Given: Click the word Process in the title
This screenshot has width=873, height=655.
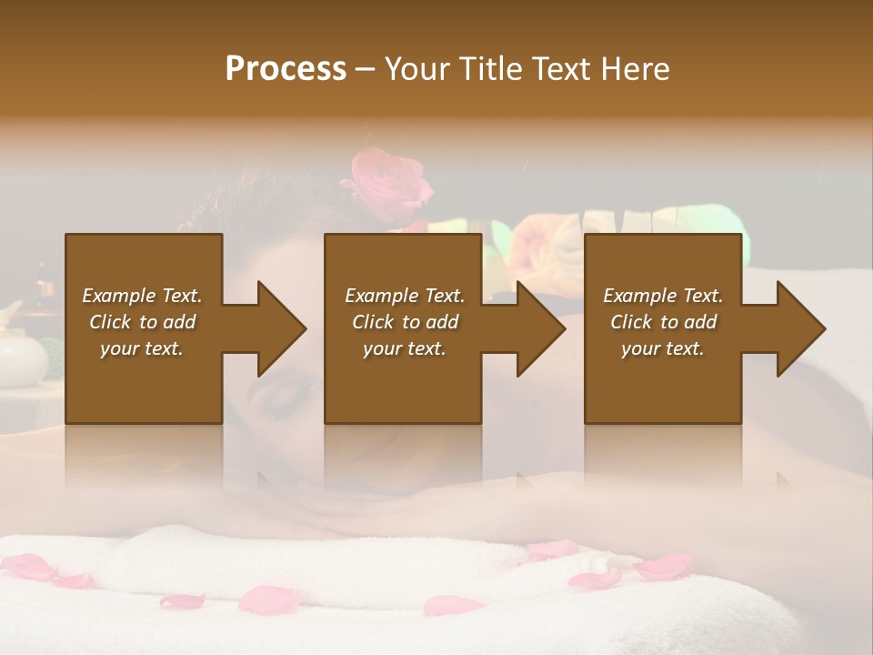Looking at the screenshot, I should click(286, 69).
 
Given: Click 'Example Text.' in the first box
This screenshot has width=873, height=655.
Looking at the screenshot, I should click(142, 296).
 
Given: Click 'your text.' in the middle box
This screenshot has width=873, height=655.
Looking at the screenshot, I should click(405, 348).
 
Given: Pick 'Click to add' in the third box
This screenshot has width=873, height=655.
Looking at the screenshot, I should click(663, 322).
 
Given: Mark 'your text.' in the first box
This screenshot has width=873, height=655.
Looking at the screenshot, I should click(142, 348).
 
